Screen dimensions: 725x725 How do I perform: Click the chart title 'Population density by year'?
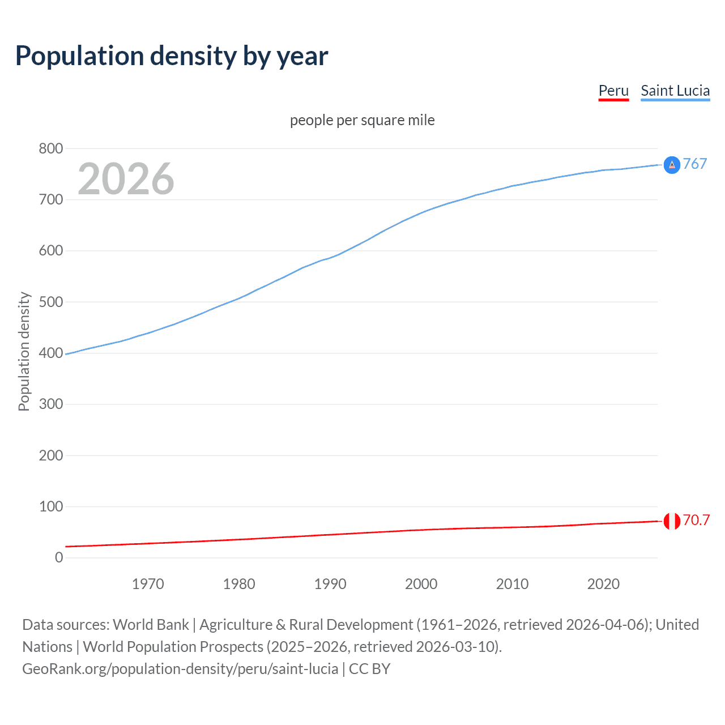tap(172, 56)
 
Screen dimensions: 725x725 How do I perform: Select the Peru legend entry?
tap(613, 91)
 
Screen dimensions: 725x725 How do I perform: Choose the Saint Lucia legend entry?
tap(675, 91)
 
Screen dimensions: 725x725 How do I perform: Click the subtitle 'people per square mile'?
tap(362, 120)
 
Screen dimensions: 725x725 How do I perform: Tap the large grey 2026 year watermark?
tap(126, 179)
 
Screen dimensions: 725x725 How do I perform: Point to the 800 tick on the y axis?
tap(51, 148)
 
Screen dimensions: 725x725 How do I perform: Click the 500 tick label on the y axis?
tap(51, 302)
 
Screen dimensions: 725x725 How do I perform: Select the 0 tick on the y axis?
tap(59, 557)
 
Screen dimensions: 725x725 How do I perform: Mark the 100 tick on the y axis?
tap(51, 506)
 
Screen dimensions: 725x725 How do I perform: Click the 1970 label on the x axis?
tap(148, 584)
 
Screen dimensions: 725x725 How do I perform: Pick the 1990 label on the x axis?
tap(330, 584)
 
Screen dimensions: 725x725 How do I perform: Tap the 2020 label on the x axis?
tap(603, 584)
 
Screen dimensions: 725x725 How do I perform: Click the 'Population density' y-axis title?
tap(24, 351)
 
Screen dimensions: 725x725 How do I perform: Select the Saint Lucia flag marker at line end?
tap(672, 165)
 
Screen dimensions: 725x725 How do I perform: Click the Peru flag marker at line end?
tap(672, 521)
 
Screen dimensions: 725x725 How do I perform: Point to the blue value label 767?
tap(695, 164)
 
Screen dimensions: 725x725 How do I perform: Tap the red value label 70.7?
tap(696, 520)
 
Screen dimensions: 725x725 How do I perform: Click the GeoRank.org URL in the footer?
tap(180, 669)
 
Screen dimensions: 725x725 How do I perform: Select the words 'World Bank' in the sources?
tap(151, 625)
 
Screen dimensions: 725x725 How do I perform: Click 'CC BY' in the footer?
tap(369, 669)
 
